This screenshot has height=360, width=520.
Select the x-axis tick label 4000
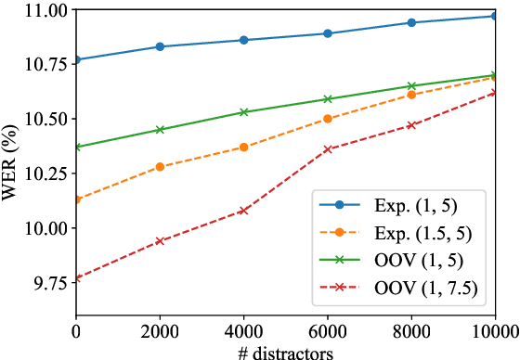point(243,328)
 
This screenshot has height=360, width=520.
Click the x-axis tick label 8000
point(410,328)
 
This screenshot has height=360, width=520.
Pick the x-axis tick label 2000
point(160,328)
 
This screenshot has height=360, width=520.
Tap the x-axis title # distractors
point(285,350)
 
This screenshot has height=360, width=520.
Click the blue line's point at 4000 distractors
point(243,40)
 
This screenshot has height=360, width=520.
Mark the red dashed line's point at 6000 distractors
point(327,149)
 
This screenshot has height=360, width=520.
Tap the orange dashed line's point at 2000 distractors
point(160,167)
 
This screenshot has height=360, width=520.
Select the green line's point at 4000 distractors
point(243,112)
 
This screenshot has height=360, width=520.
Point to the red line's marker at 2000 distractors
point(160,240)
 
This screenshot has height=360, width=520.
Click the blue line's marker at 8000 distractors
point(410,22)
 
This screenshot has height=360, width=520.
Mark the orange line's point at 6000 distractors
point(327,119)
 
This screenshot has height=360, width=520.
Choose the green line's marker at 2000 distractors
point(160,130)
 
